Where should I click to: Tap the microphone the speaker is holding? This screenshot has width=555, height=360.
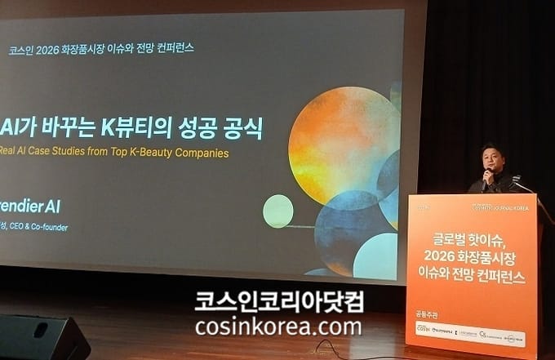tap(488, 174)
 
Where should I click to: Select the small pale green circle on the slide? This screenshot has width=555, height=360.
tap(277, 211)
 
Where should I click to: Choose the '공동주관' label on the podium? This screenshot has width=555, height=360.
tap(426, 313)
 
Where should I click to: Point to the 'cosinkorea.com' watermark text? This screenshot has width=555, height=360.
tap(278, 327)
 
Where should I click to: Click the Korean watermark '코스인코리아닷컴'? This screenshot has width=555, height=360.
tap(278, 301)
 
